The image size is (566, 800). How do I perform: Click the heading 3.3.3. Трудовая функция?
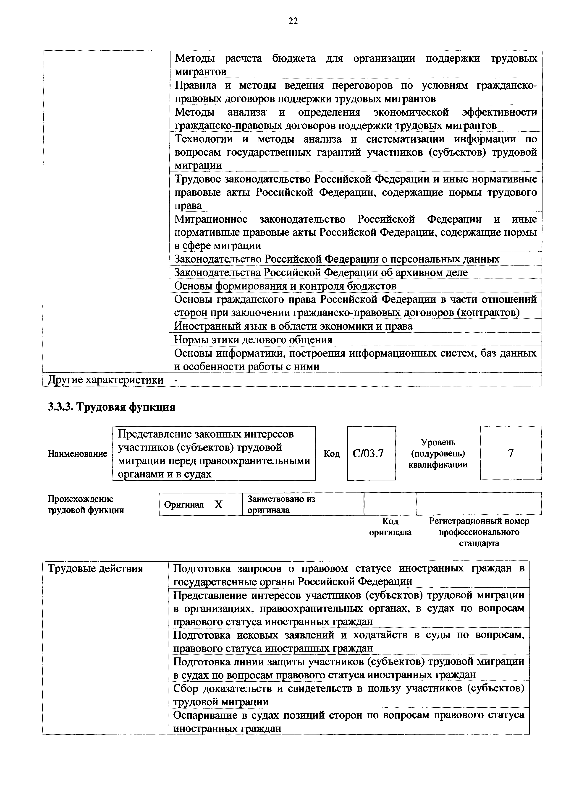(111, 407)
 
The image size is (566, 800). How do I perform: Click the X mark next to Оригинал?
(218, 505)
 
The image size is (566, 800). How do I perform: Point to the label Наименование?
(77, 454)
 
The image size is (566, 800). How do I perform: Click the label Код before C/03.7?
(331, 454)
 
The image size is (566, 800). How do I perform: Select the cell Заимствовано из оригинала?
(303, 504)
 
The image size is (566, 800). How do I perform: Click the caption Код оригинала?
(390, 526)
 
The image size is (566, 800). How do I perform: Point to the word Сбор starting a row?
(185, 688)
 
